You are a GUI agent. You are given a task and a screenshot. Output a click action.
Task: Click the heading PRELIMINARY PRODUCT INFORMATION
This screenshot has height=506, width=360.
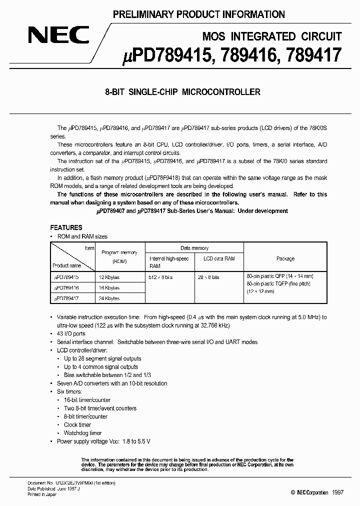point(198,14)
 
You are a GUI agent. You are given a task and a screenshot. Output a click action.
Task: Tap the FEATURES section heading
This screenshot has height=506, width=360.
point(66,227)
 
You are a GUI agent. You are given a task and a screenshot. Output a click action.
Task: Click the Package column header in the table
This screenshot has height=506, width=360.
point(285,258)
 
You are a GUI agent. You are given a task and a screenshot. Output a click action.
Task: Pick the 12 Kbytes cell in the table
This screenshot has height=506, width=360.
point(109,276)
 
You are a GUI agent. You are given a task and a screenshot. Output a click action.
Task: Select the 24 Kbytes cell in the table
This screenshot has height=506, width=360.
point(109,298)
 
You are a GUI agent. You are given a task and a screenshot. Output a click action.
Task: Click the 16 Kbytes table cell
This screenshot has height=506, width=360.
point(109,288)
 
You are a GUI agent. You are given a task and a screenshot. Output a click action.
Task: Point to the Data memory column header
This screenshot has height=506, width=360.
point(194,248)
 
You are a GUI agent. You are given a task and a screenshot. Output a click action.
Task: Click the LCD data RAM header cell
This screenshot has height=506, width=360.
point(219,258)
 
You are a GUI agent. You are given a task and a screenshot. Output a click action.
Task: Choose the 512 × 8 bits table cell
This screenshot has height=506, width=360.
point(163,276)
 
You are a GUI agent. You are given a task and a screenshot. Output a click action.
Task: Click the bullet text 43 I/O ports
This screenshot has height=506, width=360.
point(71,333)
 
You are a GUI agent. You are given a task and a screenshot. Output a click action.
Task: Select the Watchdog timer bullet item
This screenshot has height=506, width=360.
point(82,433)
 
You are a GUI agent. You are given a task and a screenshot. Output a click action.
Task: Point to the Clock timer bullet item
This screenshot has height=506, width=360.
point(77,425)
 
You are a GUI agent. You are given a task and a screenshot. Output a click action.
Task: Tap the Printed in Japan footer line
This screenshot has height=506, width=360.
point(42,495)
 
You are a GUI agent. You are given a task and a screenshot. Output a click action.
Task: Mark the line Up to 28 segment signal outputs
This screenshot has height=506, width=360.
point(102,358)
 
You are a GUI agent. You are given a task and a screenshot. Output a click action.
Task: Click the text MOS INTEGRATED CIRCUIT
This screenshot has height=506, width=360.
point(272,36)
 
